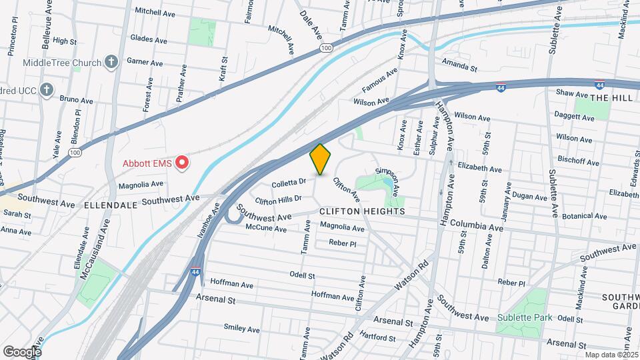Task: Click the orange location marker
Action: click(321, 159)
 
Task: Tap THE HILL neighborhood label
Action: click(609, 97)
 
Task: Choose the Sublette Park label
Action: click(524, 317)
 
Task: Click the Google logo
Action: click(21, 352)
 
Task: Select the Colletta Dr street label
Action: click(289, 182)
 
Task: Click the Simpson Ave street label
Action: click(387, 180)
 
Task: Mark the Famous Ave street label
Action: click(379, 80)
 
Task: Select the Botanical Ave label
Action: click(584, 216)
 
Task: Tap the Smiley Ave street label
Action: click(241, 328)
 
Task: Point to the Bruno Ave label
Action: click(76, 99)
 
